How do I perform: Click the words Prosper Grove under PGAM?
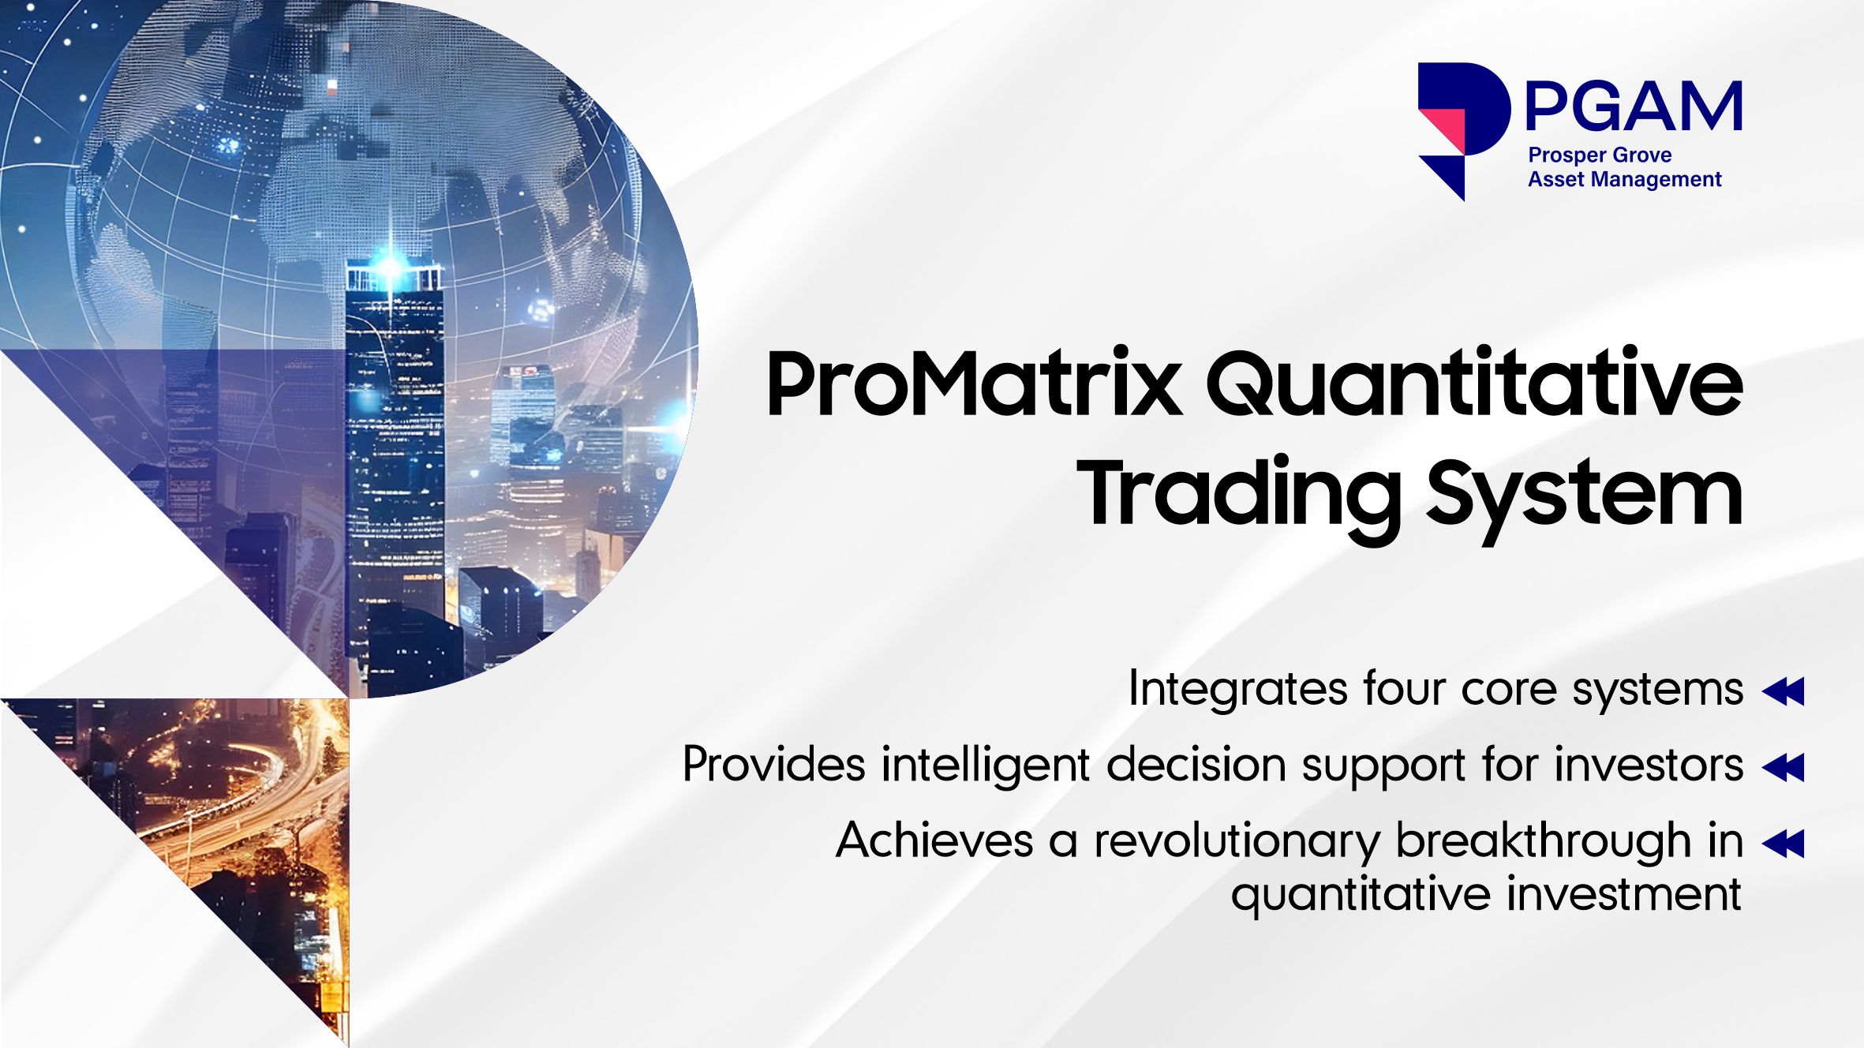tap(1600, 155)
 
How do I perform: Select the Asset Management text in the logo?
tap(1624, 179)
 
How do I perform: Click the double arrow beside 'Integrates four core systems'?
tap(1784, 691)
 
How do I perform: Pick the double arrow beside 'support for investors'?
tap(1784, 767)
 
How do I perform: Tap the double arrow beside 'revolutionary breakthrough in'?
tap(1784, 843)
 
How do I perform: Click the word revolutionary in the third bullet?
tap(1237, 841)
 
